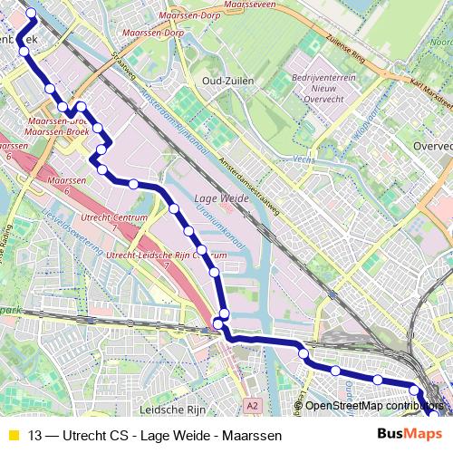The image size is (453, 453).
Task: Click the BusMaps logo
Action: coord(410,434)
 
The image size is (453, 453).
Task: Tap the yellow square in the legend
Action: coord(13,435)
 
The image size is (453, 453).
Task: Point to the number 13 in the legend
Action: coord(34,435)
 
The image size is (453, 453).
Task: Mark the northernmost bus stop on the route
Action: coord(31,13)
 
